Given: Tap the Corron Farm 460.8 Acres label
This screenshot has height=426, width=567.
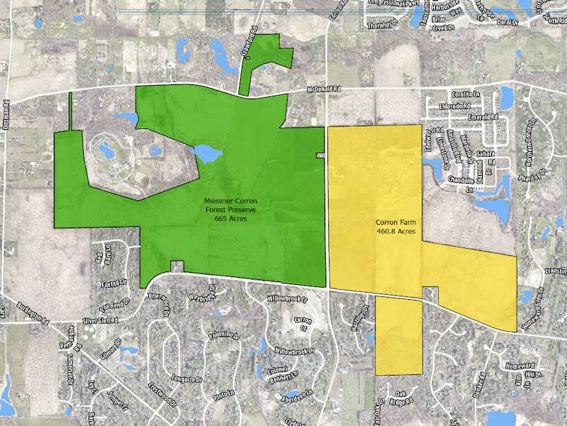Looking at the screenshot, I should (395, 227).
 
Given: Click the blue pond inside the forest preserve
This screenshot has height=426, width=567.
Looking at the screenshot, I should (206, 152).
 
